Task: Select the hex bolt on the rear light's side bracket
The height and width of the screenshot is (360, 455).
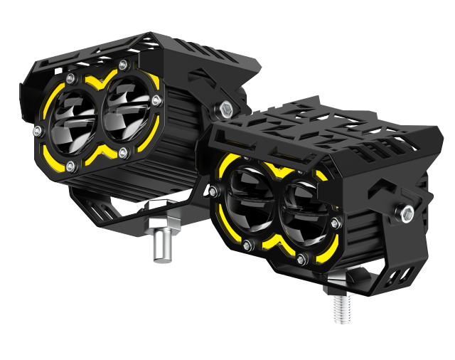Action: coord(226,109)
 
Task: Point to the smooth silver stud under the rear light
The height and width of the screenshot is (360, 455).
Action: coord(161,242)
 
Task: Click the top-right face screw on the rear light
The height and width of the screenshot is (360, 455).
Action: coord(123,65)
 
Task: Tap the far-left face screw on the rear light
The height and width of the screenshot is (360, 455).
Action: coord(38,129)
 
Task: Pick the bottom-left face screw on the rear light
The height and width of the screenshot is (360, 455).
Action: coord(70,166)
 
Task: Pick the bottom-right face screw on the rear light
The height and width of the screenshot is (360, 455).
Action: coord(124,152)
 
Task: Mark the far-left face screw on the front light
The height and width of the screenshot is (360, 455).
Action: coord(212,190)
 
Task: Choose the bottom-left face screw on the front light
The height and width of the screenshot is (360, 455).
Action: coord(247,245)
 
